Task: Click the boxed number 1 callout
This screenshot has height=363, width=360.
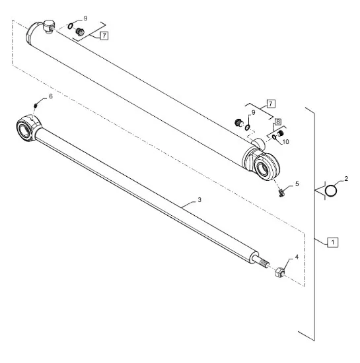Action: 333,242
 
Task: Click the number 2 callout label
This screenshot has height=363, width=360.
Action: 346,178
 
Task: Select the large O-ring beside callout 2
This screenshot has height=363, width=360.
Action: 331,191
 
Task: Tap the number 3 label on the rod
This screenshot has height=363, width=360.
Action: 199,199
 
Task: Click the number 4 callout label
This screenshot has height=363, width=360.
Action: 297,257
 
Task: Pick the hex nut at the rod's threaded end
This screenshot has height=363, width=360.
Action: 280,273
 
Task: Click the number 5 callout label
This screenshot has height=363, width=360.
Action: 297,184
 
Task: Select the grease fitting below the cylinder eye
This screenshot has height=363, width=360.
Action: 281,193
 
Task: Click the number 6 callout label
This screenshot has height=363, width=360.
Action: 51,96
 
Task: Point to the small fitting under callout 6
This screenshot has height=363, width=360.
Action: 36,106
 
